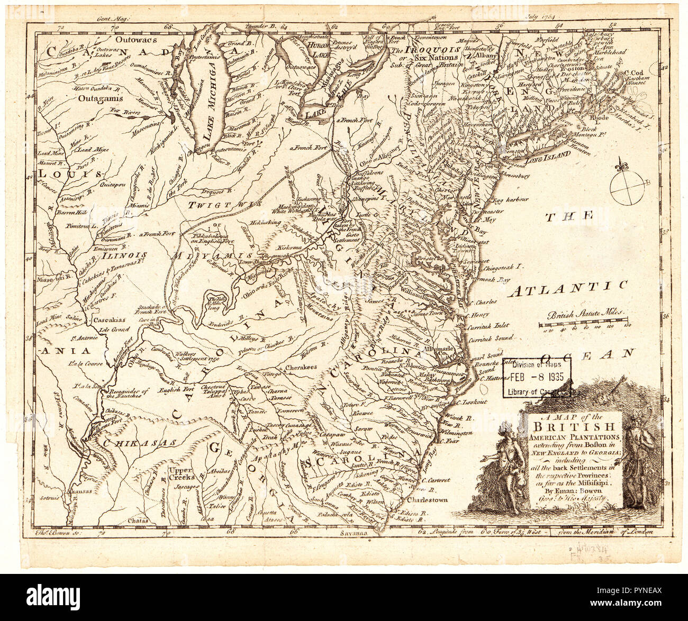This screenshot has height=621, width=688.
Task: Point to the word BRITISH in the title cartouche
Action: [574, 427]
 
